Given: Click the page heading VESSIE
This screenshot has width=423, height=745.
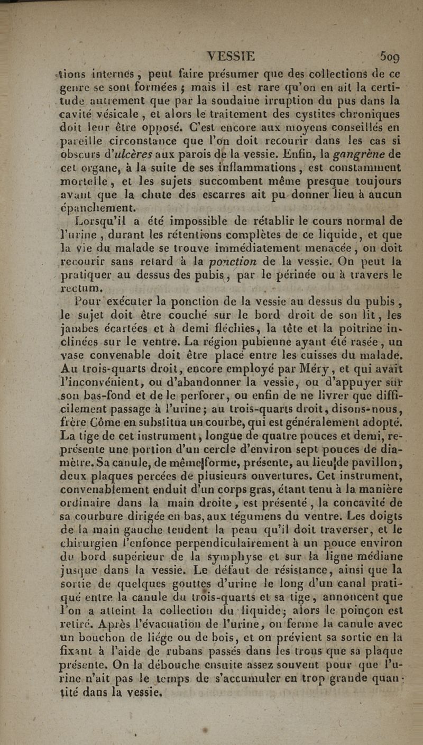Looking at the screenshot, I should click(231, 56).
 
